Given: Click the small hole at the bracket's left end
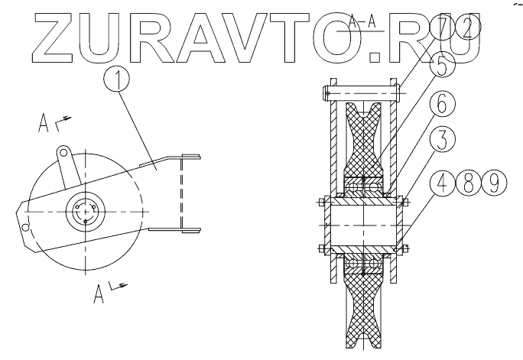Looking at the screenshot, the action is pyautogui.click(x=25, y=227).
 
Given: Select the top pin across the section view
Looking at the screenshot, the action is pyautogui.click(x=362, y=92).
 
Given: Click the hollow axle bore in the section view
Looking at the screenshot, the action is pyautogui.click(x=362, y=225).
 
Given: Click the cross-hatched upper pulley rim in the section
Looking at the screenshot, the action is pyautogui.click(x=362, y=141).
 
